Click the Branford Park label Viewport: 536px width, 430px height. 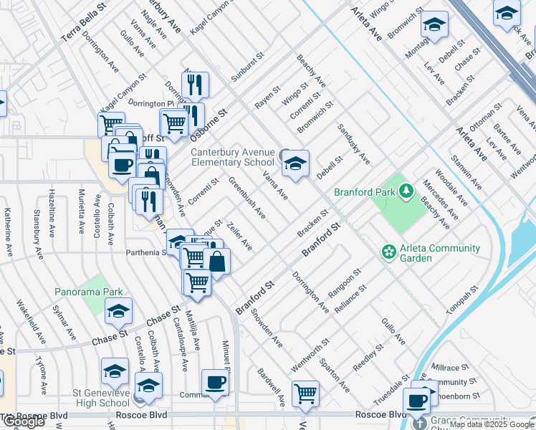click(365, 192)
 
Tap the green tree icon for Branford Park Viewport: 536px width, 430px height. click(407, 191)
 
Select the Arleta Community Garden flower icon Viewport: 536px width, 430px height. click(389, 252)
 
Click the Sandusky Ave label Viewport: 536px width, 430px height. click(354, 147)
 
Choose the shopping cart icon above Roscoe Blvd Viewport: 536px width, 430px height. click(306, 393)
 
